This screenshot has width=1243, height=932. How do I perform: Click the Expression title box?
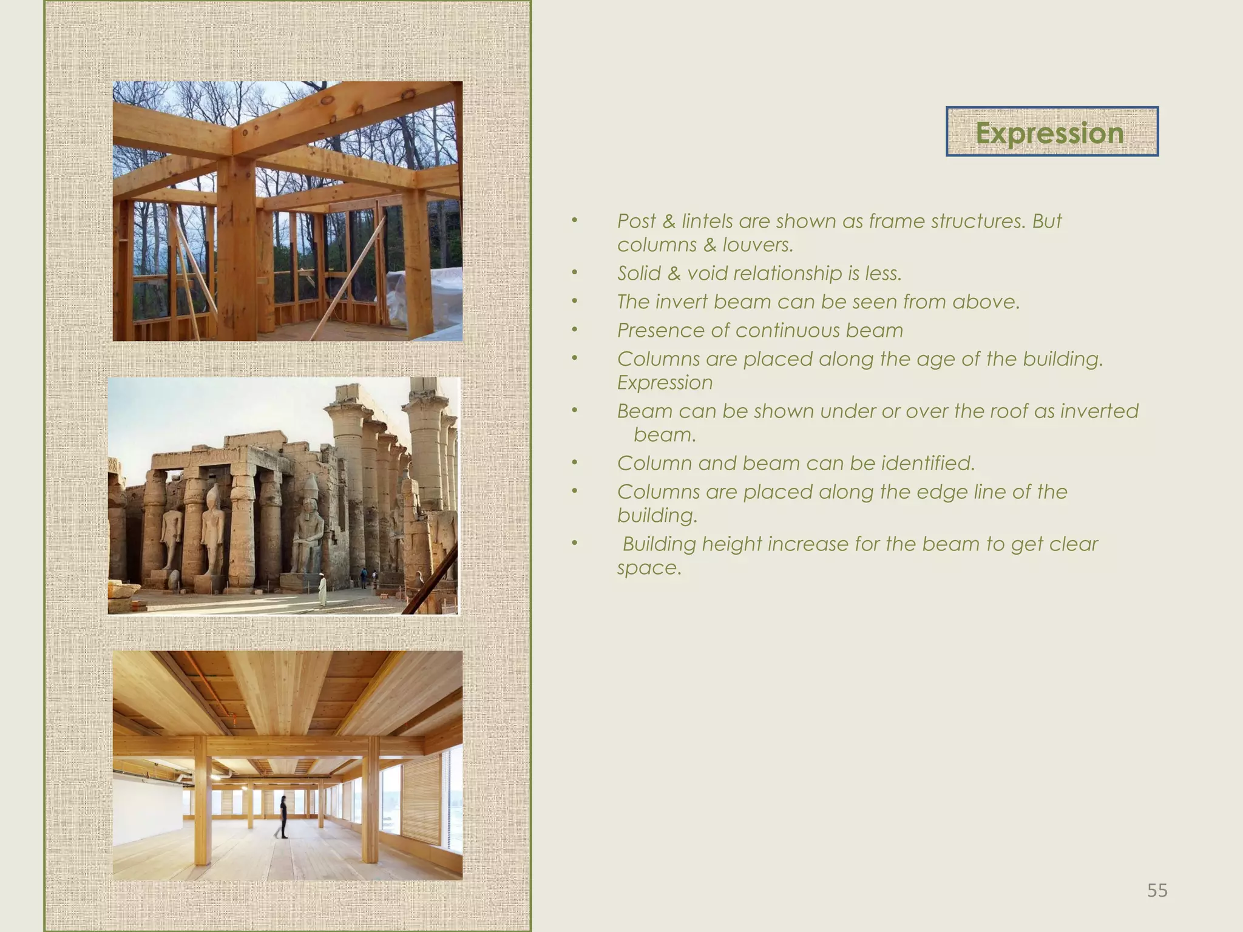pos(1051,132)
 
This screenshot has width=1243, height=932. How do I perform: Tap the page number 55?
pos(1157,891)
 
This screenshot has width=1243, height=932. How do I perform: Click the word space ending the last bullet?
pos(648,569)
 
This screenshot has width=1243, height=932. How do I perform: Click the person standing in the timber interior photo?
pos(283,817)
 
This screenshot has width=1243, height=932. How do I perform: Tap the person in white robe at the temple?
pos(323,591)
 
